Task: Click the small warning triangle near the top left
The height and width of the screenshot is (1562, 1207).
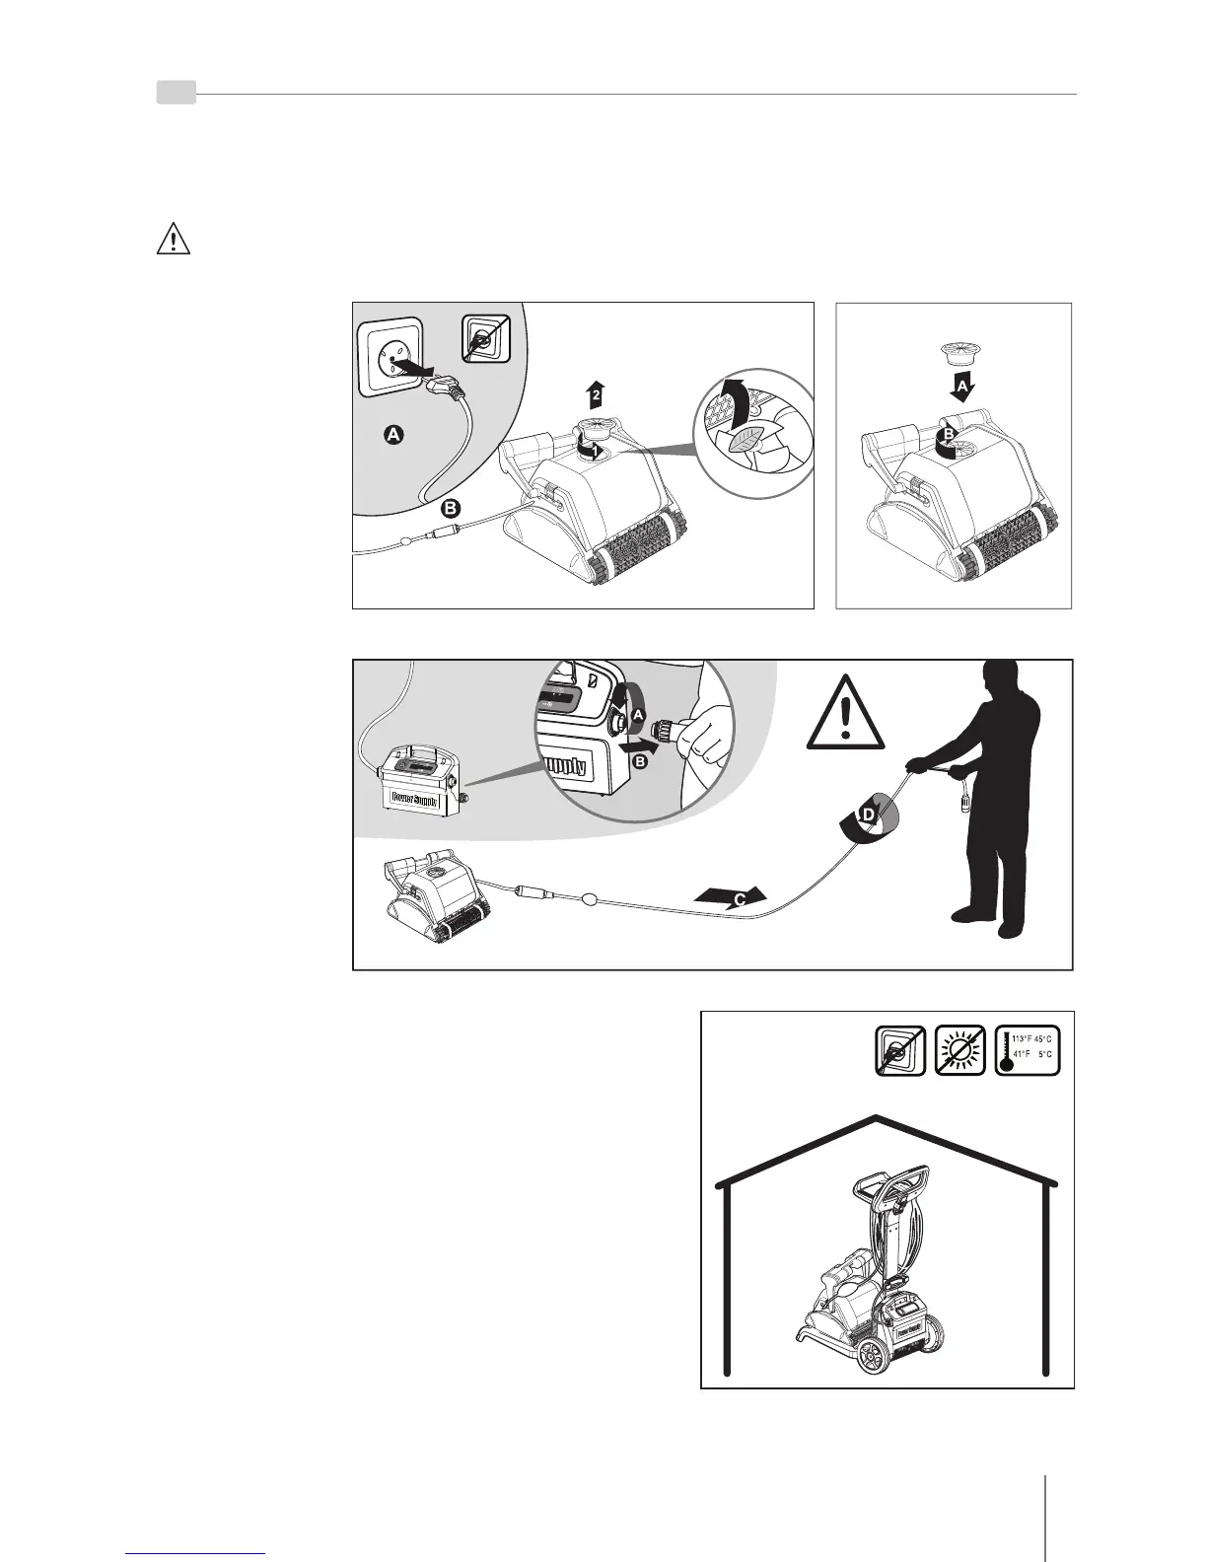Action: coord(174,240)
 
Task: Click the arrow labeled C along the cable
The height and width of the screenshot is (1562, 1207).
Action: coord(731,896)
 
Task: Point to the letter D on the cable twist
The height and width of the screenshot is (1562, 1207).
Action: coord(868,816)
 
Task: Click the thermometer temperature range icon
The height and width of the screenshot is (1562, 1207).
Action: coord(1027,1050)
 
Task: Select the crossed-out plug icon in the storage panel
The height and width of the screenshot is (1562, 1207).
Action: coord(899,1050)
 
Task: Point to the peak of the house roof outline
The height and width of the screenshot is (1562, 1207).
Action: coord(877,1117)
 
